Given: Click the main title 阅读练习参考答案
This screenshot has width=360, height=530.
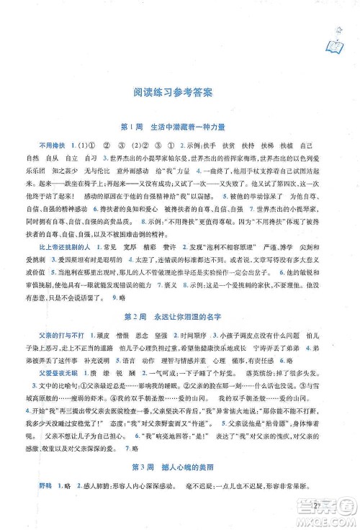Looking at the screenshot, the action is [x=179, y=92].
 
